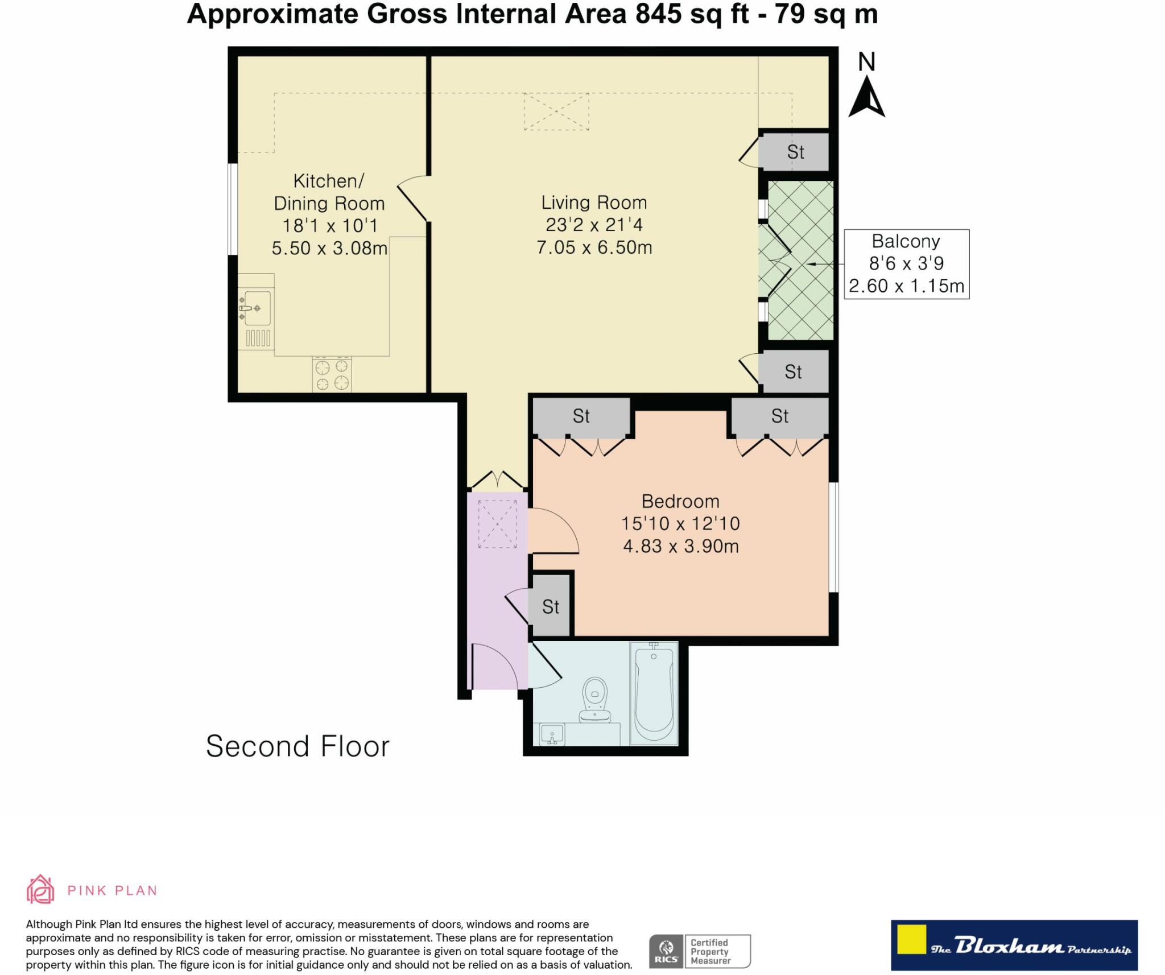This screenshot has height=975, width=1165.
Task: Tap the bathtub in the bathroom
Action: (654, 694)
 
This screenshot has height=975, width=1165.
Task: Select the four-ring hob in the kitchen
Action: (332, 375)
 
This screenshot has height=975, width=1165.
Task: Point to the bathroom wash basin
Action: (551, 734)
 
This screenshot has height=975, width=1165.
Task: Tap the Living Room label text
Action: (594, 203)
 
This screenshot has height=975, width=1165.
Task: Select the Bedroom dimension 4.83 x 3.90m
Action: (680, 547)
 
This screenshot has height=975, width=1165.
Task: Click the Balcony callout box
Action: (906, 264)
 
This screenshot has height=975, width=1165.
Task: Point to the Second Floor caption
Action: (298, 746)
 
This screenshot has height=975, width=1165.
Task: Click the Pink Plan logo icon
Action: (40, 890)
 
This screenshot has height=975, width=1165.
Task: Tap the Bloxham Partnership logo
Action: (1014, 945)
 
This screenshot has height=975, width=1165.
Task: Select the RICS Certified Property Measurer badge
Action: (700, 951)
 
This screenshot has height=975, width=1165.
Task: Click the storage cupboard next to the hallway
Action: (550, 606)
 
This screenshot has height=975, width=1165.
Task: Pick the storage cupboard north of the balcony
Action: (795, 152)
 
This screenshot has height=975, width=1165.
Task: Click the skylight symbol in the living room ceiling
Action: (556, 112)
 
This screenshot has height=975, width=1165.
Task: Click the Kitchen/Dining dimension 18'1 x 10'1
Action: (330, 226)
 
